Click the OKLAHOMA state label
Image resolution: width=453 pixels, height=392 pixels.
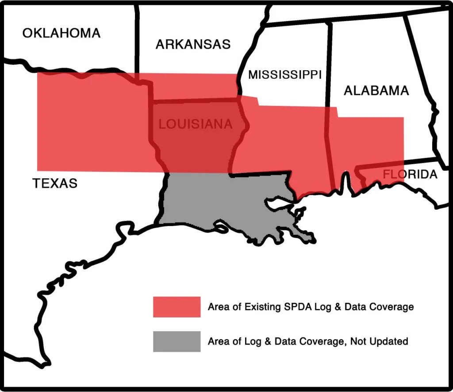[61, 33]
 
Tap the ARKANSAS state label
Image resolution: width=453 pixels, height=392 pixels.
[193, 44]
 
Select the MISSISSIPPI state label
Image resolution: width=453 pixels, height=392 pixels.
[284, 75]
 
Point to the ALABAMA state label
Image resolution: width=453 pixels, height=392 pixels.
[376, 91]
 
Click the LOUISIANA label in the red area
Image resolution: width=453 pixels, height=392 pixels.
[195, 124]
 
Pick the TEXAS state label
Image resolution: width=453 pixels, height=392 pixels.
[55, 183]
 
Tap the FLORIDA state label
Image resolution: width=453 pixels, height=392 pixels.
[410, 174]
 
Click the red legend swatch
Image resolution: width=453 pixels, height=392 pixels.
[177, 307]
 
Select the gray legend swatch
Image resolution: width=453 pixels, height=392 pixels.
[177, 341]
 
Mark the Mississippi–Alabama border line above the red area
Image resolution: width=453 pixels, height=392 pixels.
[329, 62]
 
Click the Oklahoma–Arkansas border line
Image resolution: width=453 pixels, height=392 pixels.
[137, 40]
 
